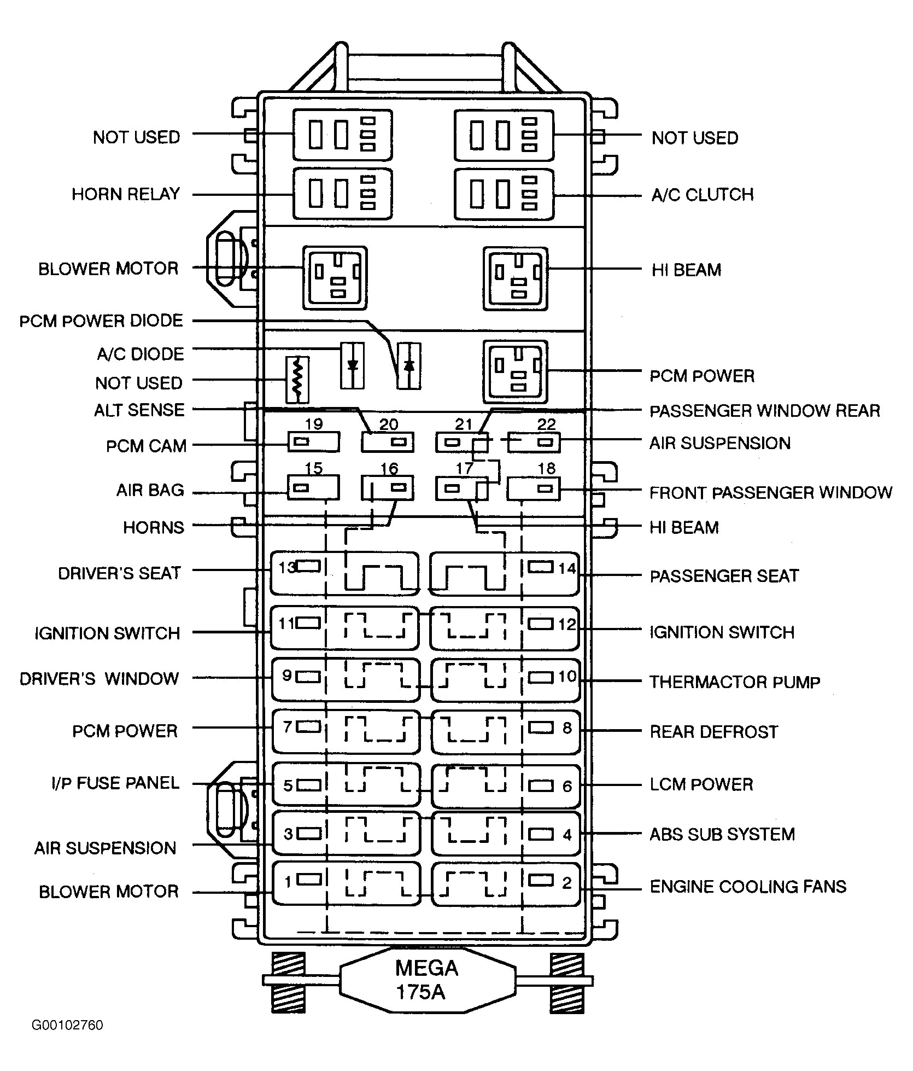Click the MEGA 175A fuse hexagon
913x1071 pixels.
click(427, 980)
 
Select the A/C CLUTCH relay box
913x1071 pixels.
click(504, 194)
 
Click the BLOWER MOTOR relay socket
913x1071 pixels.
click(335, 278)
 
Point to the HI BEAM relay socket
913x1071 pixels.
click(515, 278)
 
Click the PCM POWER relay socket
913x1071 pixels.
click(515, 372)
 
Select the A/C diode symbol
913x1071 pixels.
click(353, 365)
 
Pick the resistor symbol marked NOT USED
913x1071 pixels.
click(297, 380)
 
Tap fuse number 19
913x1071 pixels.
click(313, 441)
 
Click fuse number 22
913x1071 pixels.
click(534, 442)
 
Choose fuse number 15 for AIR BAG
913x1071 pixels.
click(313, 487)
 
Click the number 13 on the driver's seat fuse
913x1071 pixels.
click(286, 567)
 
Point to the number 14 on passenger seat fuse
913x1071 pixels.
click(567, 568)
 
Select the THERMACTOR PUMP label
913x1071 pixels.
click(734, 682)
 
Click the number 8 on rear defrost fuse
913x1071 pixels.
click(567, 728)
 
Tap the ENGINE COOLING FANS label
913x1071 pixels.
click(747, 887)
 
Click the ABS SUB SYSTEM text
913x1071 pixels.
click(722, 835)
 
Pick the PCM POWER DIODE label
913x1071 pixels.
click(101, 321)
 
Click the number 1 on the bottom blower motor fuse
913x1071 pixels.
click(288, 881)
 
